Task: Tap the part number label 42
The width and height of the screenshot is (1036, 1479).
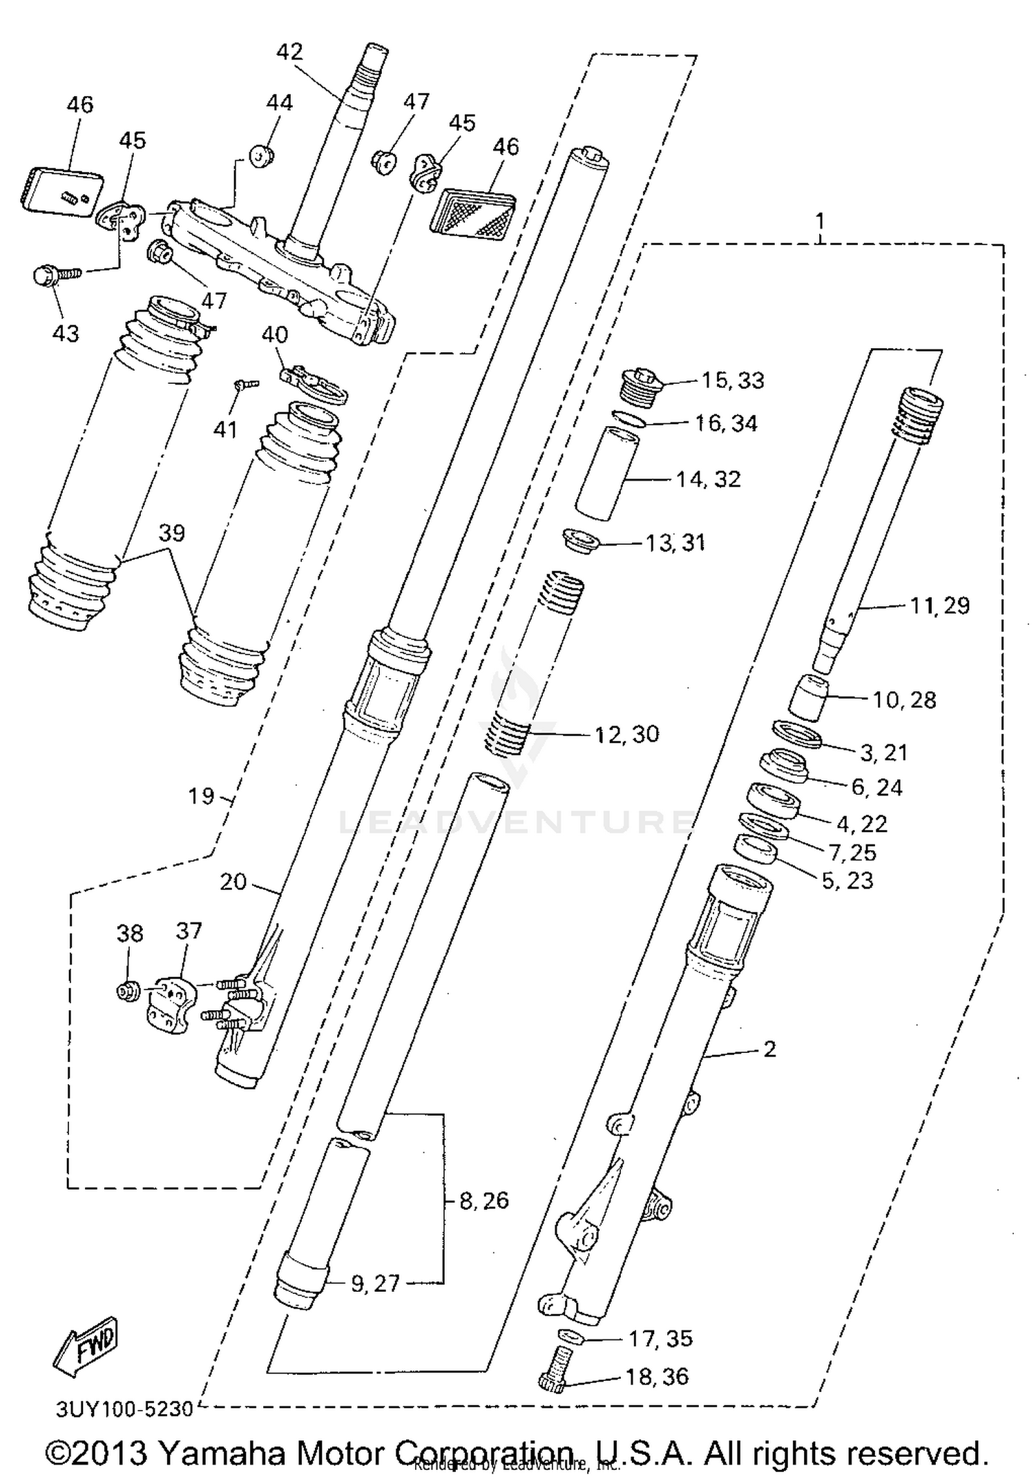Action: (x=289, y=52)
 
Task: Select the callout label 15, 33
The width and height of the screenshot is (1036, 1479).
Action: (x=733, y=380)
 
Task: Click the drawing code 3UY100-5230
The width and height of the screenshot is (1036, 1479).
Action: (x=124, y=1408)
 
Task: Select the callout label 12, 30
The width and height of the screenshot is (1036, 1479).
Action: (x=626, y=734)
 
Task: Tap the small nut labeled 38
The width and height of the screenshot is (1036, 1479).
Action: (x=126, y=992)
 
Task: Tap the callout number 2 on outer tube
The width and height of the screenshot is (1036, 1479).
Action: (x=770, y=1049)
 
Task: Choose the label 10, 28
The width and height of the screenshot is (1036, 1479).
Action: (x=904, y=699)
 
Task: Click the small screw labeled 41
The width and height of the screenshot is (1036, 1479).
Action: (x=246, y=384)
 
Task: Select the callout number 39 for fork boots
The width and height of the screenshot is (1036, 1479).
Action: (x=172, y=533)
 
